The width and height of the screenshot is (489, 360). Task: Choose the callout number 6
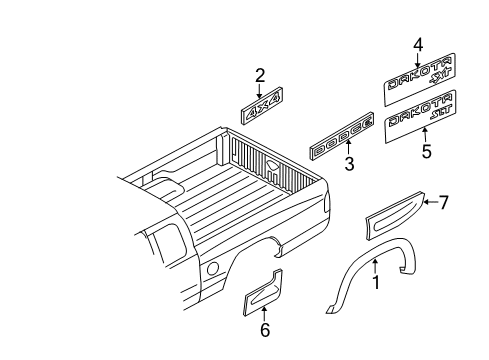point(264,330)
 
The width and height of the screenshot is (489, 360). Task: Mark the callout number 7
point(444,203)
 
